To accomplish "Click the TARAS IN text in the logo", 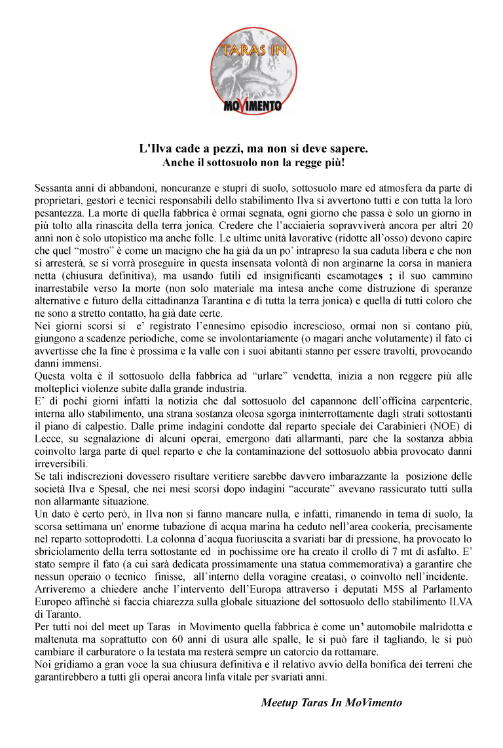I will pyautogui.click(x=253, y=49).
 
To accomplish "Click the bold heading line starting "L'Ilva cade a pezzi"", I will pyautogui.click(x=253, y=149).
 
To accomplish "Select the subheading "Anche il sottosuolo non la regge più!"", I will pyautogui.click(x=253, y=162).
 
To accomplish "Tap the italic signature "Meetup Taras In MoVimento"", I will pyautogui.click(x=331, y=703).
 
